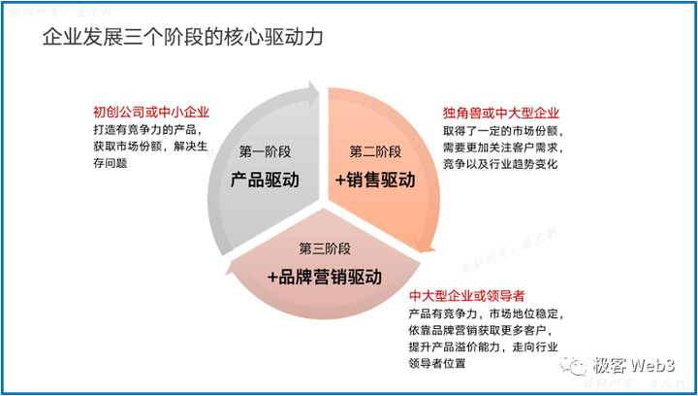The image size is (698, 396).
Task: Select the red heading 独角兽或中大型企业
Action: pyautogui.click(x=501, y=113)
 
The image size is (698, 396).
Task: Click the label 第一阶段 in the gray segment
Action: pyautogui.click(x=265, y=151)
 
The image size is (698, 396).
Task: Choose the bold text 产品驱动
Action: pyautogui.click(x=265, y=181)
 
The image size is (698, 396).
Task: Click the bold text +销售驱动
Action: pyautogui.click(x=375, y=181)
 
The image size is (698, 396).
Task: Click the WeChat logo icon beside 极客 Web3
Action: pyautogui.click(x=578, y=367)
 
